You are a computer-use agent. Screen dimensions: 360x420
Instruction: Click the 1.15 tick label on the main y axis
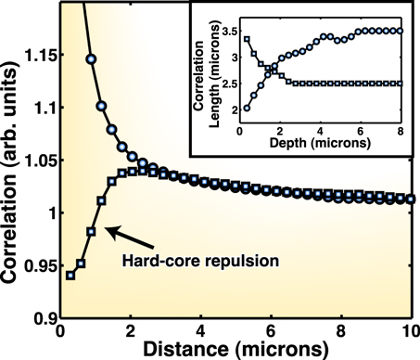tap(34, 55)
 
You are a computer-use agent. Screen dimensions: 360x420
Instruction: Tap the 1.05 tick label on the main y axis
tap(34, 161)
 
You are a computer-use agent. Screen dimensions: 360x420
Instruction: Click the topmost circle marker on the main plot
tap(91, 58)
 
